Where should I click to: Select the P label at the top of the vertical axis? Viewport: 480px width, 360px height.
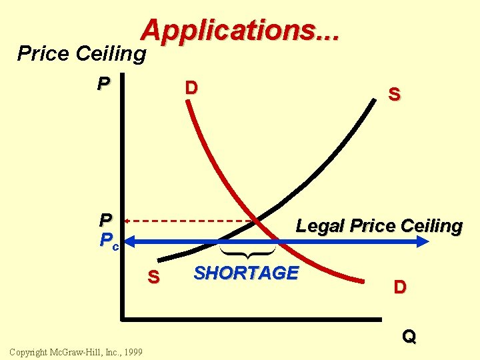(x=103, y=84)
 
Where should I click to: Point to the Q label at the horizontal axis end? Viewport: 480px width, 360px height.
(x=409, y=337)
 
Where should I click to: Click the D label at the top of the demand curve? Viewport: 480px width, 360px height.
(x=191, y=88)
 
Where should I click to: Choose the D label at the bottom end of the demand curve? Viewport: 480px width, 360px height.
(x=400, y=287)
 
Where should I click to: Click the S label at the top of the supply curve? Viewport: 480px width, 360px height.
(x=394, y=95)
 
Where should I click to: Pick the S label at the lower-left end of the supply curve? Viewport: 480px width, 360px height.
(x=153, y=277)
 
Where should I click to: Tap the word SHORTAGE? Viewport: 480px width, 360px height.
(x=245, y=273)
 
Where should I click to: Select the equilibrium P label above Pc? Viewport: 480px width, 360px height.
(x=105, y=220)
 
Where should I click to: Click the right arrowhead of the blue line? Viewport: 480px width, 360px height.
(x=424, y=241)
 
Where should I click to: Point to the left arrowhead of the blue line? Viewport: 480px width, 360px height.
(x=131, y=241)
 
